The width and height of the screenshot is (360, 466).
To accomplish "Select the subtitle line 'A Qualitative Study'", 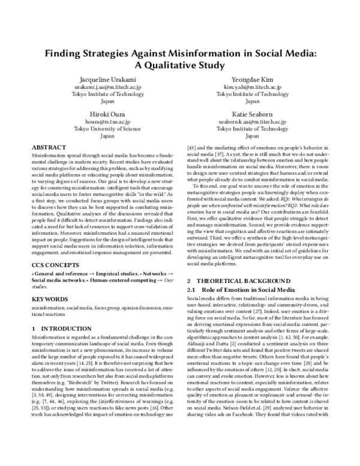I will tap(179, 65).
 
